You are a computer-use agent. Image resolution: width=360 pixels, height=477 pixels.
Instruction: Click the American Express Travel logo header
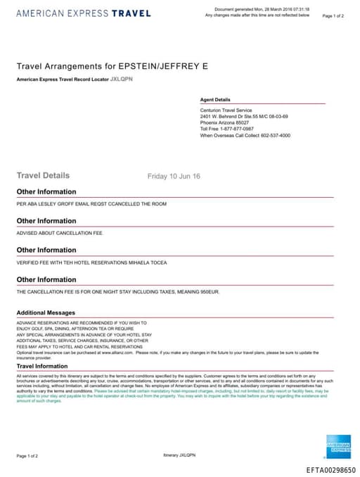point(83,13)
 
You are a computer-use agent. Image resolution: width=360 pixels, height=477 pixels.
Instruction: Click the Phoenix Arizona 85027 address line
point(224,122)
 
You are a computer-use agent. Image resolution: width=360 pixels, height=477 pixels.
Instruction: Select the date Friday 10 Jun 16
point(174,176)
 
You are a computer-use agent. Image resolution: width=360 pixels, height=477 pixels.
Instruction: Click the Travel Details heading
point(43,175)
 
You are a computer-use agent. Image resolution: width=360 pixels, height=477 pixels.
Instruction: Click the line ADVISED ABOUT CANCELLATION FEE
point(59,233)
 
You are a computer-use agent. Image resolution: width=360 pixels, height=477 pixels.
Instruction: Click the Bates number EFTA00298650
point(330,469)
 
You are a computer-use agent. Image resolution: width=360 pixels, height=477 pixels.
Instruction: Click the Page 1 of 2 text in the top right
point(333,15)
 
